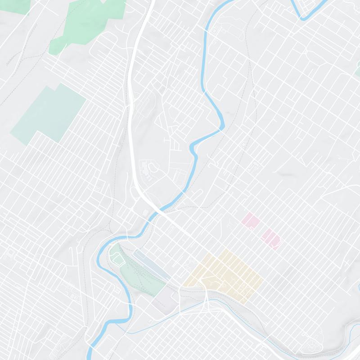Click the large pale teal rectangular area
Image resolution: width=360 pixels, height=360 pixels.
click(x=49, y=112)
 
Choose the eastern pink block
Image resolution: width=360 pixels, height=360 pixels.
click(x=271, y=237)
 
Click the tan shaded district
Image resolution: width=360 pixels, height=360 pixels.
click(x=225, y=274)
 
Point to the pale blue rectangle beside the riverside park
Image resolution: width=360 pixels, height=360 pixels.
click(x=151, y=263)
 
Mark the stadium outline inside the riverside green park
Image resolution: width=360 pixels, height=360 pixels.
click(x=117, y=259)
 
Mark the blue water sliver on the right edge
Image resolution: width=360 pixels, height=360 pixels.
click(x=358, y=288)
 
